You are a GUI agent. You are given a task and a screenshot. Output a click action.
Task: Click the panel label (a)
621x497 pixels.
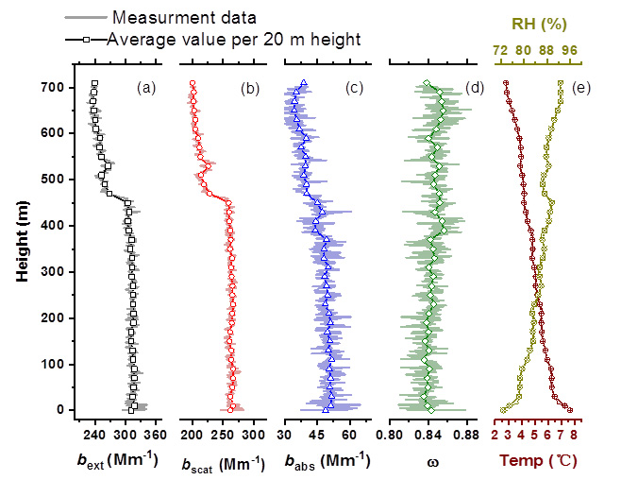144,88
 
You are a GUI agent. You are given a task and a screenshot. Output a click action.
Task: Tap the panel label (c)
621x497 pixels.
355,88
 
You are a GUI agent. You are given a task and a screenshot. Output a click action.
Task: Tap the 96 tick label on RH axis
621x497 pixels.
569,49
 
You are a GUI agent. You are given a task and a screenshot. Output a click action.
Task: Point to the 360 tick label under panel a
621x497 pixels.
155,437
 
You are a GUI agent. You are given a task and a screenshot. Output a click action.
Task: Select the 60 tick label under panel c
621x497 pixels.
348,437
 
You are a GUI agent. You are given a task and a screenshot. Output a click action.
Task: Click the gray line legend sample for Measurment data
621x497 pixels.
84,17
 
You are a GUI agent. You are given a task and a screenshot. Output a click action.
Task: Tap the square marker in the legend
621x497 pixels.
84,40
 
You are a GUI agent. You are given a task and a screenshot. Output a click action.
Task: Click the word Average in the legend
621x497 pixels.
138,40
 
